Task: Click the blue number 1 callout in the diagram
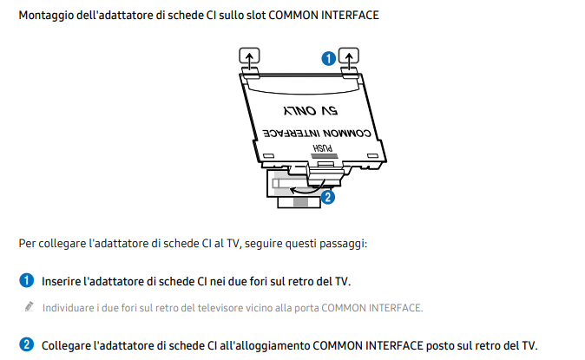coord(327,59)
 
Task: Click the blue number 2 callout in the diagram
coord(327,197)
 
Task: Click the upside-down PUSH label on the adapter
coord(322,148)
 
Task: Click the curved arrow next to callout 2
coord(303,185)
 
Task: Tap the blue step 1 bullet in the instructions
coord(27,282)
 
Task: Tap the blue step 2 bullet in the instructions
coord(27,344)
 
